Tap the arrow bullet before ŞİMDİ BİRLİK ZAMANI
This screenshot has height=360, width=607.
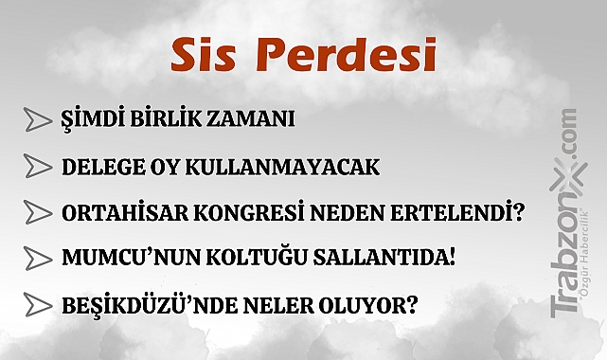click(x=38, y=119)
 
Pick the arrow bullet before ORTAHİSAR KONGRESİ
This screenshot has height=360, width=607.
click(x=38, y=211)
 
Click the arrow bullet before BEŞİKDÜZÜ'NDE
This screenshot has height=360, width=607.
click(x=38, y=304)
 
